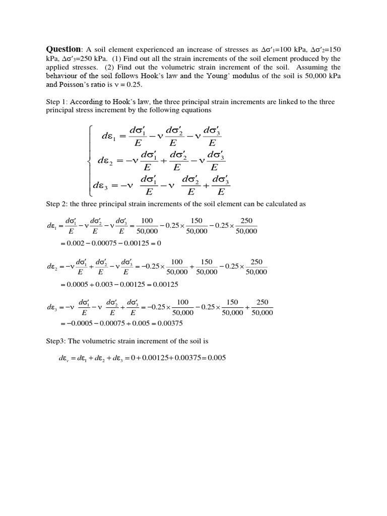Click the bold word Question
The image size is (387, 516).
pyautogui.click(x=63, y=49)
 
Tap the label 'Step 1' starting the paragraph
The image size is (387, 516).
pyautogui.click(x=57, y=102)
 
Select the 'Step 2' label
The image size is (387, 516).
pyautogui.click(x=57, y=204)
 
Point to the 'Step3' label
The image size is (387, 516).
pyautogui.click(x=56, y=341)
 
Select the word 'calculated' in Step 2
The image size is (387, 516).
pyautogui.click(x=284, y=204)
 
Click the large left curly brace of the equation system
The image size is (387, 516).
pyautogui.click(x=90, y=160)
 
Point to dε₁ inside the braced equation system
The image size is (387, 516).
pyautogui.click(x=109, y=136)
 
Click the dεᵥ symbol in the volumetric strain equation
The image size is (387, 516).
pyautogui.click(x=66, y=358)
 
